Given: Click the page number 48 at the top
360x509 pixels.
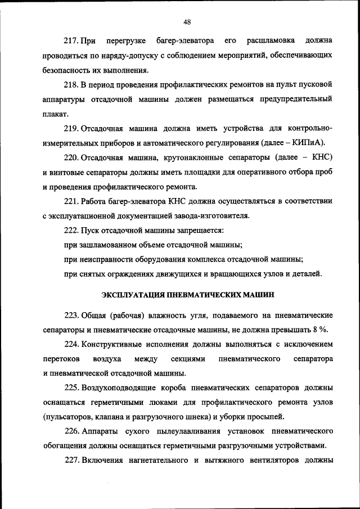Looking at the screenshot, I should (x=187, y=22).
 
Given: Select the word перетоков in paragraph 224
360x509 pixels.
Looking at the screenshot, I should (x=61, y=358).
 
